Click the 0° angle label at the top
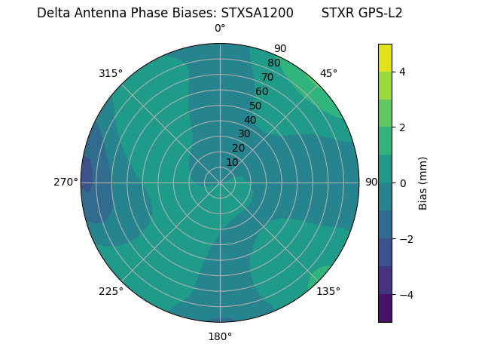point(220,29)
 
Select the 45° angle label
point(328,73)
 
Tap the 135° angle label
point(328,291)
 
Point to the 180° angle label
point(220,336)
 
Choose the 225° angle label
point(111,291)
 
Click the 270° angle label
point(66,182)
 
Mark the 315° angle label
point(111,73)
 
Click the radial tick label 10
point(232,162)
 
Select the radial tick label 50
point(255,106)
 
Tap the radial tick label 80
point(273,63)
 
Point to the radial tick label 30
point(244,134)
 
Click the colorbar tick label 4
point(402,72)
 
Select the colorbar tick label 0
point(402,183)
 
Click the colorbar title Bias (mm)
point(423,183)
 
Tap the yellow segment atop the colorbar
point(385,57)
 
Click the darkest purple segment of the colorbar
point(385,308)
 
